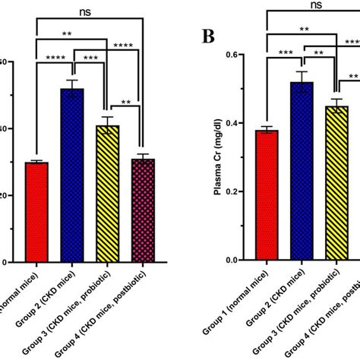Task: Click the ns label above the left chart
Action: click(x=89, y=11)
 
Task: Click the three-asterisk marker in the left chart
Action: click(x=90, y=58)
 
